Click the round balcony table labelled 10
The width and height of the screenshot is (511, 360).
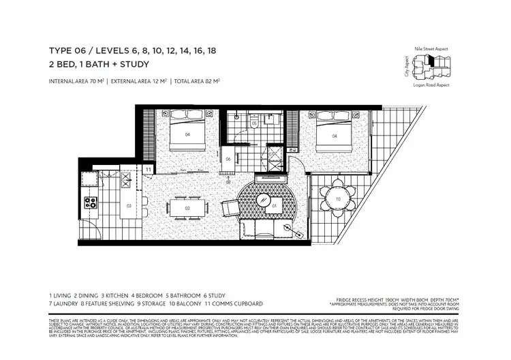pyautogui.click(x=339, y=198)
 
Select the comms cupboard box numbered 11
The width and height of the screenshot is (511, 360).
pyautogui.click(x=148, y=168)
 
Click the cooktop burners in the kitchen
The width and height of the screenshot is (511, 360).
pyautogui.click(x=91, y=202)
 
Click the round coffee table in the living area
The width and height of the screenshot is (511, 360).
pyautogui.click(x=275, y=204)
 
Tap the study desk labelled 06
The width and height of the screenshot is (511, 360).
pyautogui.click(x=229, y=160)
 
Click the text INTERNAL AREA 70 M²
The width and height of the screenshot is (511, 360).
pyautogui.click(x=76, y=82)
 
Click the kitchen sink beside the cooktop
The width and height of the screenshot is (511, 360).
pyautogui.click(x=91, y=181)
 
